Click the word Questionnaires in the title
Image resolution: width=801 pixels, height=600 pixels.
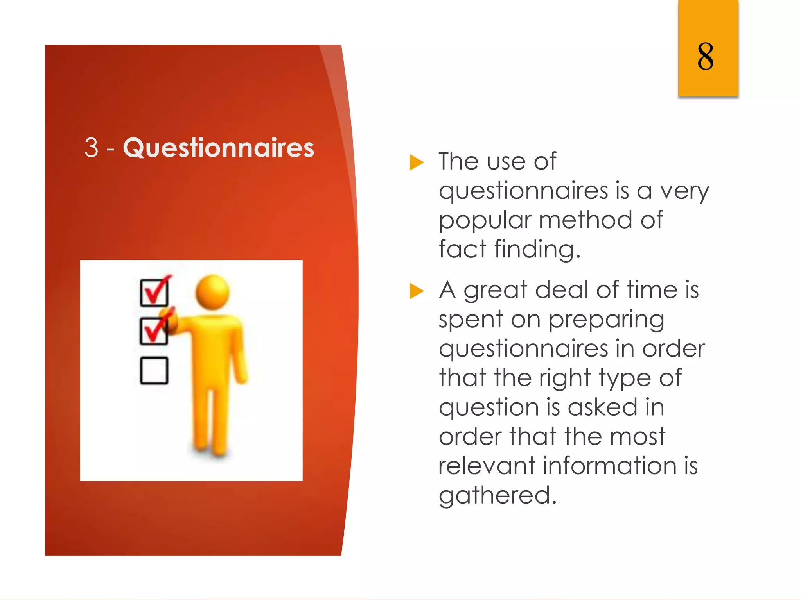[218, 148]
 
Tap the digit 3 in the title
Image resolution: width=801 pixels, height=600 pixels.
[91, 148]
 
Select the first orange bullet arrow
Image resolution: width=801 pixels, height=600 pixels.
[416, 162]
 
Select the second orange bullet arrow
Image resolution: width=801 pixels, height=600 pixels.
[416, 291]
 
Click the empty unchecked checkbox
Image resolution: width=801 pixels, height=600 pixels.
[154, 370]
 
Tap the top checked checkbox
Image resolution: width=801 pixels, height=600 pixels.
[154, 292]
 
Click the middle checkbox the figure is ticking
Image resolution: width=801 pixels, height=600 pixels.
[154, 331]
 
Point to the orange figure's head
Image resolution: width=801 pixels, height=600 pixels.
[212, 291]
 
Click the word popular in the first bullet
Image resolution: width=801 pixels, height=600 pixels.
[485, 221]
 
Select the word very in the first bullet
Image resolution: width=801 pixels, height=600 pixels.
[684, 191]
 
